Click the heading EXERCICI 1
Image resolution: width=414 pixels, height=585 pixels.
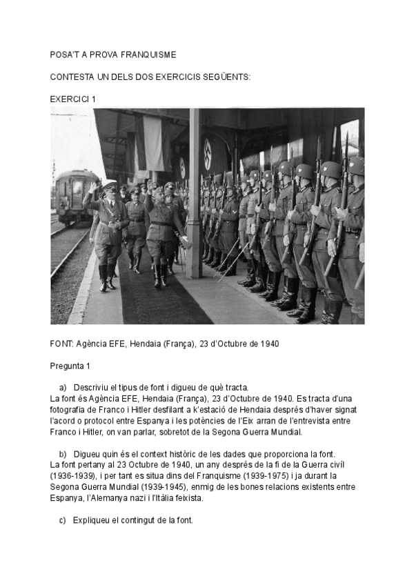coord(72,99)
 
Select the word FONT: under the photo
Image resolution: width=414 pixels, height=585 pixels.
coord(62,343)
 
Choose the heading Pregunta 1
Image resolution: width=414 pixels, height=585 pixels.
coord(70,365)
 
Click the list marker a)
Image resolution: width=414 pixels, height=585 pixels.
coord(63,387)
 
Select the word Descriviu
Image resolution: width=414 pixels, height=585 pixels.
coord(93,387)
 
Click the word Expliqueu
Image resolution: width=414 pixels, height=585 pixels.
coord(93,520)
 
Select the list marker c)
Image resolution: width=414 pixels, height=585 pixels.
coord(63,520)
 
